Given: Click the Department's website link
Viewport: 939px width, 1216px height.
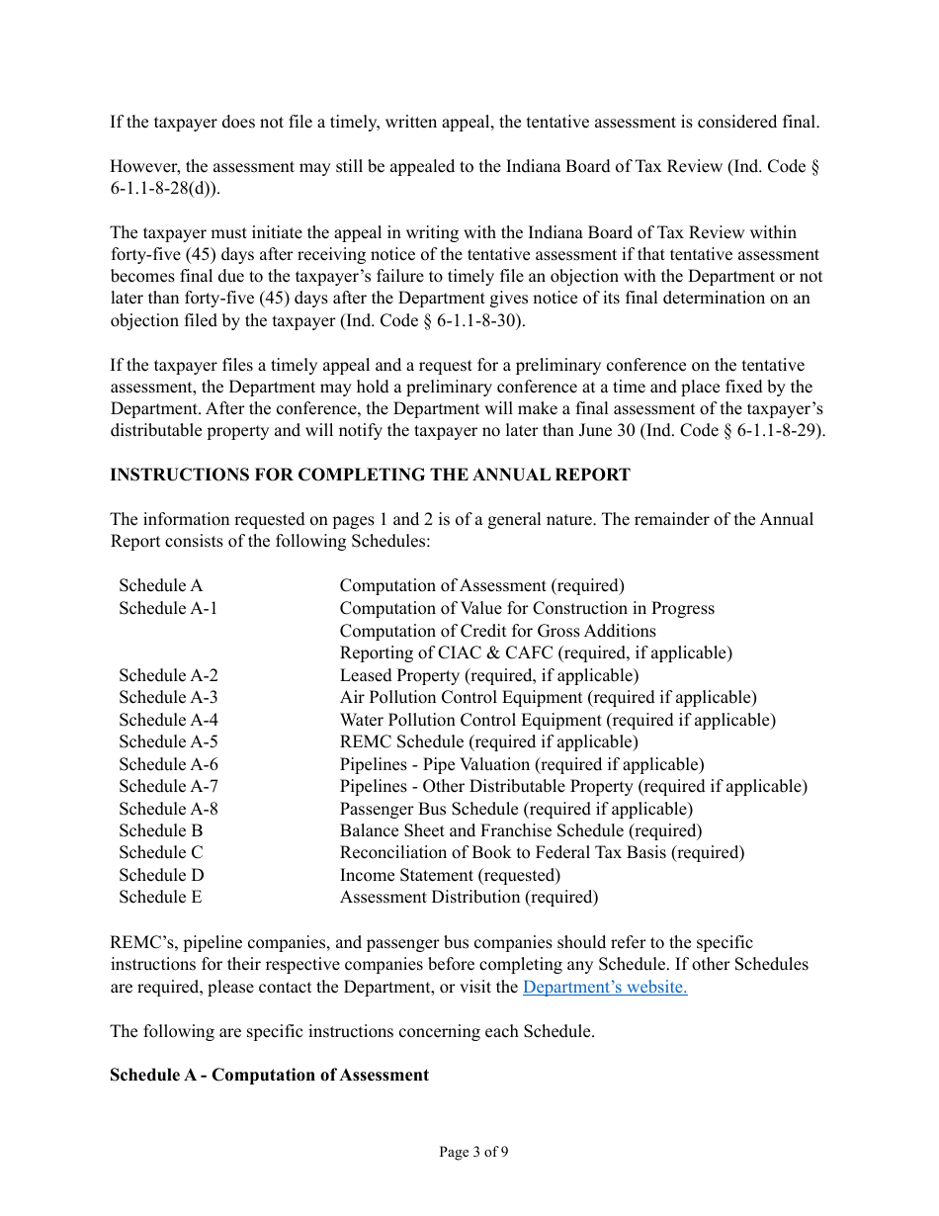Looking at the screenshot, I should click(x=604, y=987).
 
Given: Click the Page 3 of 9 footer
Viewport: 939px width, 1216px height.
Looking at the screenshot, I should click(x=473, y=1152).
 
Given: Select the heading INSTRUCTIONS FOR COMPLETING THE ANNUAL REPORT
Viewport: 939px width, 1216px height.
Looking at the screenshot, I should click(x=370, y=475).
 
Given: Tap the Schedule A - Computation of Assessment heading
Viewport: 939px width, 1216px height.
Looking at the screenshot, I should click(x=269, y=1075).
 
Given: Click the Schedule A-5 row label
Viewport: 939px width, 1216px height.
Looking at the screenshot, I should click(x=168, y=741).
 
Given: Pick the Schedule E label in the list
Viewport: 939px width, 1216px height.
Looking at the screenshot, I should click(x=160, y=897).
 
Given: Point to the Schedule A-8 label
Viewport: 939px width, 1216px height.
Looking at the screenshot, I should click(x=168, y=809).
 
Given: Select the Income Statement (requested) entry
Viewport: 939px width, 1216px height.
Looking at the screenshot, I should click(x=450, y=875).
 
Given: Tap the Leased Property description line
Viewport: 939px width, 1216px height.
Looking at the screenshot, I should click(x=489, y=675).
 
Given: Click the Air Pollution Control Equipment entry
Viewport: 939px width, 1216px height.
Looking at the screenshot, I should click(x=548, y=697).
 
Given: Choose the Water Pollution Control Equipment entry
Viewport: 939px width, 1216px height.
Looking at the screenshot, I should click(x=557, y=720).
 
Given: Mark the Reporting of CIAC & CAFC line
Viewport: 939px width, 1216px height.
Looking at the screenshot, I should click(x=536, y=652).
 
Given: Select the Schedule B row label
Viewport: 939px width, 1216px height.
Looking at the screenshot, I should click(x=160, y=830).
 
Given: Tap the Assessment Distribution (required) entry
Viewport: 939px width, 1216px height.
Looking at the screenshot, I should click(x=469, y=897).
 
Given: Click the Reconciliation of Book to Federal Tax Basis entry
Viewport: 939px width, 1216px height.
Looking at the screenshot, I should click(x=542, y=852).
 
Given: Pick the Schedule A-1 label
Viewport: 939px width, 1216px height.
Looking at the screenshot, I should click(x=168, y=608).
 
